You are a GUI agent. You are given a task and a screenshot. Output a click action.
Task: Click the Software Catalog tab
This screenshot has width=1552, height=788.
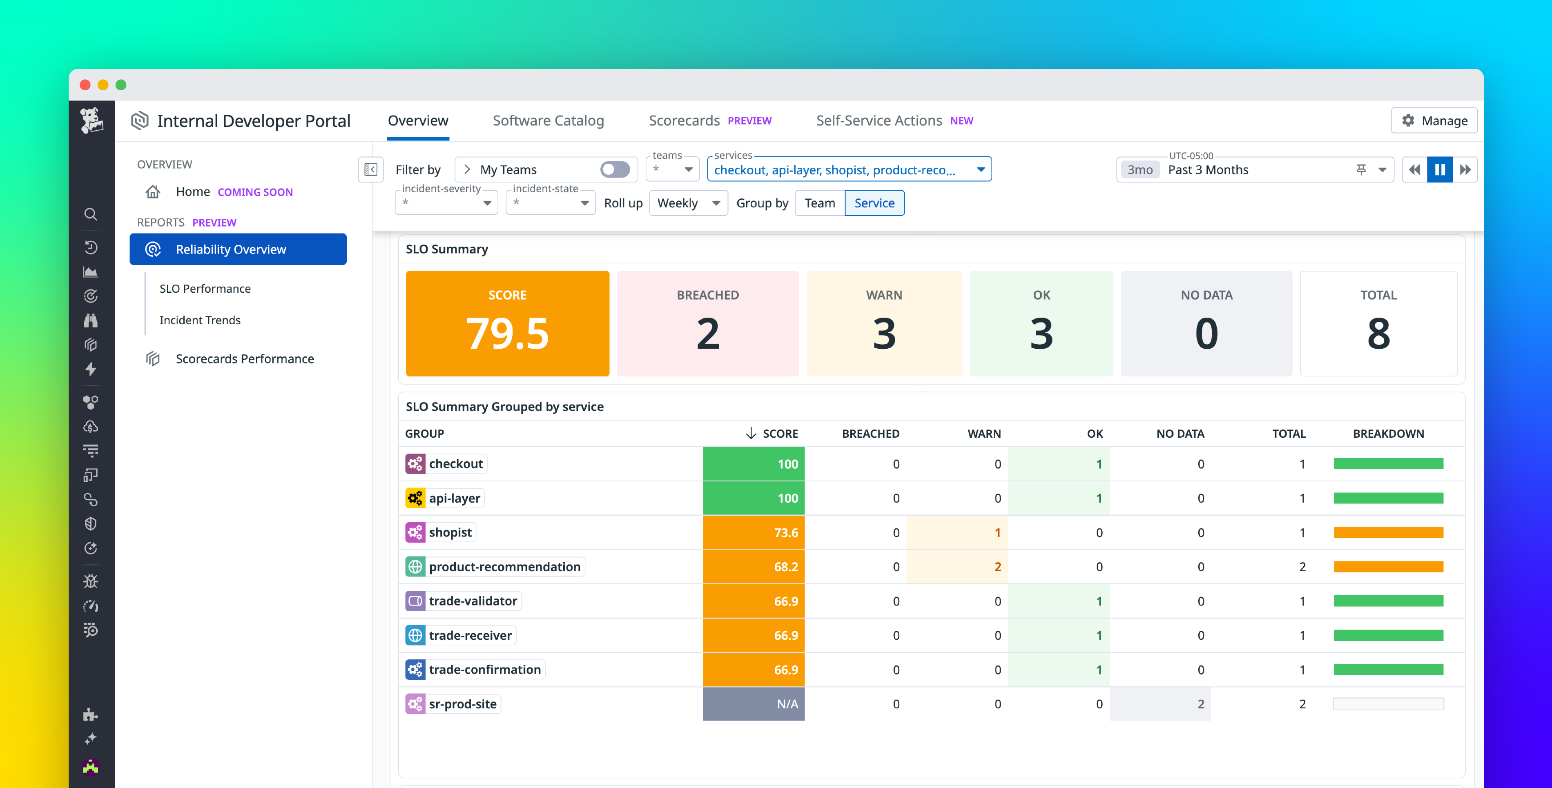click(548, 120)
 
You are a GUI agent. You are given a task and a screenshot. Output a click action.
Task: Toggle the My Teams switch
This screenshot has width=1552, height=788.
click(615, 170)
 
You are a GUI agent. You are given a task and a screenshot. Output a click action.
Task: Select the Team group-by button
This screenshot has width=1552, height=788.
click(819, 203)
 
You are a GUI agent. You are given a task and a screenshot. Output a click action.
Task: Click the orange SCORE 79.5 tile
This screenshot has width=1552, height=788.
click(507, 323)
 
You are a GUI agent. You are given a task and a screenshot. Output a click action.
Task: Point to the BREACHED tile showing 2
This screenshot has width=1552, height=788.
click(707, 323)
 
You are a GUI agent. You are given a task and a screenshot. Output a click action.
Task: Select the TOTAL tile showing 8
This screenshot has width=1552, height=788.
click(1378, 323)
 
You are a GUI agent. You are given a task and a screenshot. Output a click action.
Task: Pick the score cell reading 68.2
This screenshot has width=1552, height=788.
click(753, 567)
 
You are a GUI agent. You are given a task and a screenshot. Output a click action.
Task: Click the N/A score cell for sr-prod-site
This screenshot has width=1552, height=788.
click(753, 703)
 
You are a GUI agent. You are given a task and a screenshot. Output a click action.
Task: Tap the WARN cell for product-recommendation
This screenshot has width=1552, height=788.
click(957, 567)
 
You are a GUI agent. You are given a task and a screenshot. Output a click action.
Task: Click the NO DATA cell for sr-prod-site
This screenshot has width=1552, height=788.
click(1160, 703)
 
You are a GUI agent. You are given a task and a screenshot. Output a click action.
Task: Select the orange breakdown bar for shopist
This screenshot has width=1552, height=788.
click(1388, 532)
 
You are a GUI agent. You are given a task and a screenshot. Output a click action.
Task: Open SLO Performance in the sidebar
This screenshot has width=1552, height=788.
click(205, 289)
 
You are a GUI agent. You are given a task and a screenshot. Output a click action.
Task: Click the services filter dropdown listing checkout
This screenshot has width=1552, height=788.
click(848, 170)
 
